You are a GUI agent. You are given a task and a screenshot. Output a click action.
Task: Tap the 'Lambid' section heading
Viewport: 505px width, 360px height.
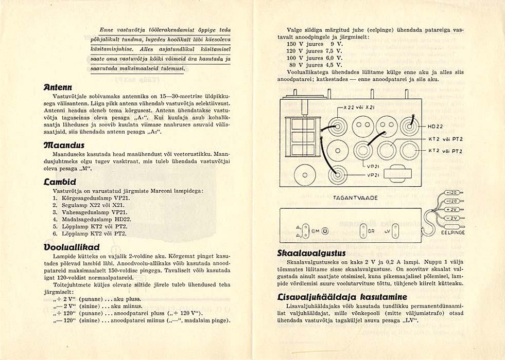tap(60, 182)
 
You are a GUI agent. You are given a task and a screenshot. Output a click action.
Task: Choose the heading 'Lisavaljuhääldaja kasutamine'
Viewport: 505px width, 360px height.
tap(342, 297)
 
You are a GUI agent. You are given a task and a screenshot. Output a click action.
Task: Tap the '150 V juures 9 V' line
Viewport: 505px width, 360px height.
tap(314, 44)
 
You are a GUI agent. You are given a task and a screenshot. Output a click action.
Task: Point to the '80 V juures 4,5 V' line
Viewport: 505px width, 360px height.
tap(314, 65)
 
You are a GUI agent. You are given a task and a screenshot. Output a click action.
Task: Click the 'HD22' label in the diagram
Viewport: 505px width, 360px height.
tap(436, 127)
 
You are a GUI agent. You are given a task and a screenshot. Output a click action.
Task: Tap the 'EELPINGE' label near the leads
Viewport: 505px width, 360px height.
tap(453, 232)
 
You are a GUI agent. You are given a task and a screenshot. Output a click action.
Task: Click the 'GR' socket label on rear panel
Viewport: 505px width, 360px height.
tap(371, 231)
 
